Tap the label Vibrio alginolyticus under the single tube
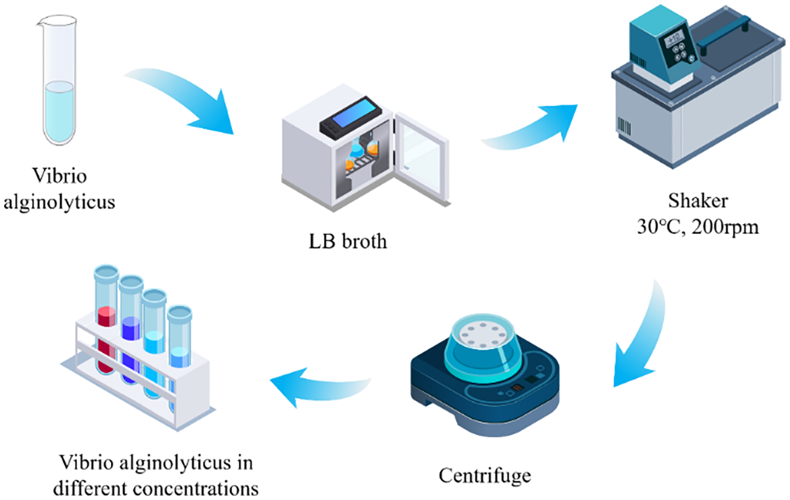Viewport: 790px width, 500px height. pyautogui.click(x=58, y=189)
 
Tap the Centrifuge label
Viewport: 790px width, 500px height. pyautogui.click(x=484, y=476)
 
